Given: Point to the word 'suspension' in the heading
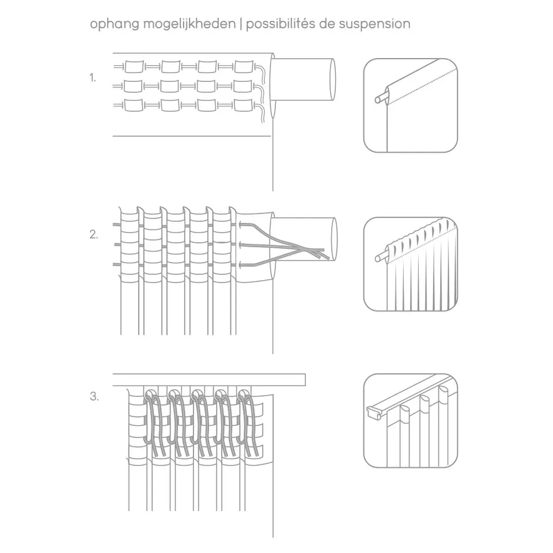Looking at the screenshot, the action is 374,25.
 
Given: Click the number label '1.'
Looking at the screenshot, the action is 93,78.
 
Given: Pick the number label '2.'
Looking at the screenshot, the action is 94,234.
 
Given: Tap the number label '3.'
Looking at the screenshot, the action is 94,396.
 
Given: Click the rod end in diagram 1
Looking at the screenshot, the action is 332,79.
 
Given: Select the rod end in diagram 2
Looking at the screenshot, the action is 334,239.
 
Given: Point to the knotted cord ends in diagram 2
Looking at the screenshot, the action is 316,252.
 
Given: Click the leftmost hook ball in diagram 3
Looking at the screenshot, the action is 150,393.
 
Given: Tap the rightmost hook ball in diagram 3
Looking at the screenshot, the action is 243,393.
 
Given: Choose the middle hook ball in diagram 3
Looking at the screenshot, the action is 196,393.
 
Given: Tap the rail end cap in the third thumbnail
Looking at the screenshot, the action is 373,411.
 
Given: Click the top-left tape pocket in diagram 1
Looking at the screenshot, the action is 134,66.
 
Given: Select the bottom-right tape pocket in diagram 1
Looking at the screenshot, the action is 243,105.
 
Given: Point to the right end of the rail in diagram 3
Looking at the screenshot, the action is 305,380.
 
